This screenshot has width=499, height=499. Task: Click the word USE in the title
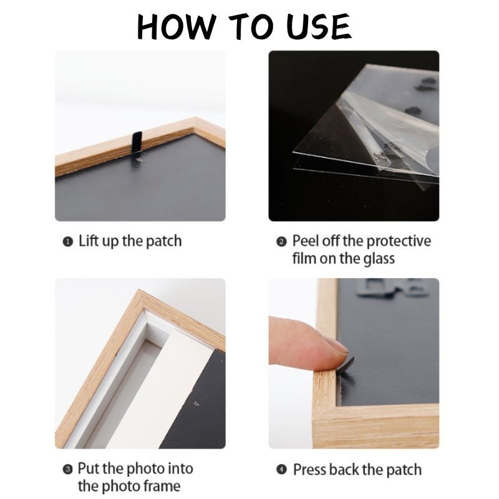(319, 27)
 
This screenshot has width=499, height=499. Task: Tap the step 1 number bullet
(68, 242)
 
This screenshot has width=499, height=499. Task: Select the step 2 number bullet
(281, 242)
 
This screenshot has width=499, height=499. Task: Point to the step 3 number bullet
(67, 470)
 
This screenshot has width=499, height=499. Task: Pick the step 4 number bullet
(281, 470)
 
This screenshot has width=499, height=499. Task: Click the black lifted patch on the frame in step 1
(137, 142)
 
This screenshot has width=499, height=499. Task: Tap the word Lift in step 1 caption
(89, 241)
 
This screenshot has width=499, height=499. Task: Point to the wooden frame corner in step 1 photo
(195, 120)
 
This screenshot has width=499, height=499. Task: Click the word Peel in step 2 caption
(306, 241)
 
